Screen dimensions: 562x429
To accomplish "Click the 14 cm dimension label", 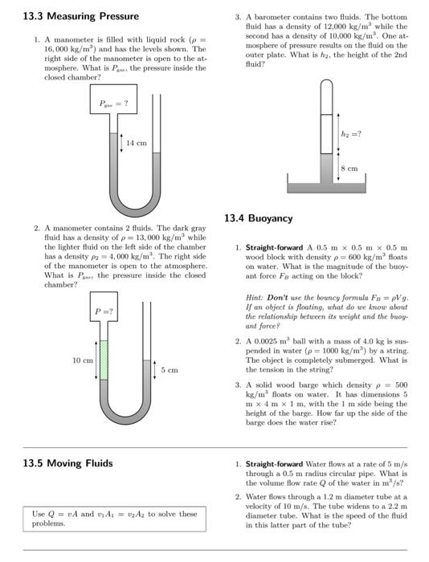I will (137, 143).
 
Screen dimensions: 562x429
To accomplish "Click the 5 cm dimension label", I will (170, 370).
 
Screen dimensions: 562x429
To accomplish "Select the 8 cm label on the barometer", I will (349, 169).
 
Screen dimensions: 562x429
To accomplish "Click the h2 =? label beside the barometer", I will (351, 133).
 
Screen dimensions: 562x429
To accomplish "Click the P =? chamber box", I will (104, 312).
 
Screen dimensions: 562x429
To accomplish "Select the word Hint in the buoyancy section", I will (255, 297).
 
